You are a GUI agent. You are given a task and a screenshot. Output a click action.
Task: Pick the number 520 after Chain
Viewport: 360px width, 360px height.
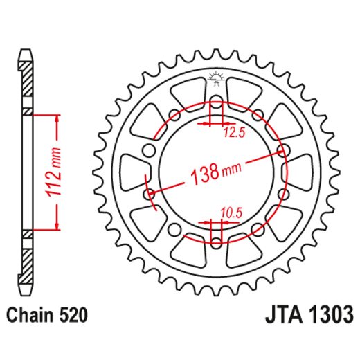72,316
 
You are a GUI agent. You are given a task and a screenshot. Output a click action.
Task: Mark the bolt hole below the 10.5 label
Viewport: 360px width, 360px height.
215,241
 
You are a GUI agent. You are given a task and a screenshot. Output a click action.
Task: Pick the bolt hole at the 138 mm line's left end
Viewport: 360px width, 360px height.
149,195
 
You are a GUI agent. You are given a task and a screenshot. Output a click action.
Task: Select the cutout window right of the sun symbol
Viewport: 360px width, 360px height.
243,90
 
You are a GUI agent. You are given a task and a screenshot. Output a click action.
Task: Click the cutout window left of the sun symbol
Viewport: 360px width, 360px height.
188,90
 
